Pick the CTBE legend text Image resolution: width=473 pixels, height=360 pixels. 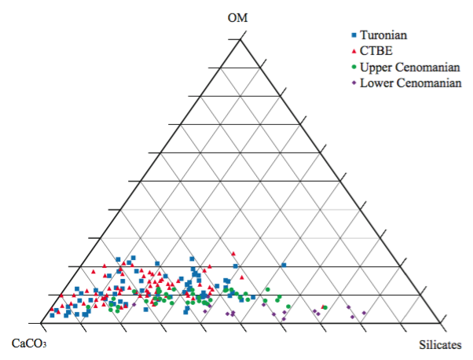click(374, 51)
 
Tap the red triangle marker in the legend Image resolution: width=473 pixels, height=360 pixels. click(354, 51)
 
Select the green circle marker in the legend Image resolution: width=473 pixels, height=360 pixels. click(354, 67)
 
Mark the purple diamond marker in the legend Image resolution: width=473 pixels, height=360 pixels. click(354, 83)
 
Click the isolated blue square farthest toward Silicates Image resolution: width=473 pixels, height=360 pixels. click(284, 264)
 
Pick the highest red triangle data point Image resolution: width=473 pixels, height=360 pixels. click(234, 253)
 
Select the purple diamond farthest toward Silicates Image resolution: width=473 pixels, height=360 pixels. click(364, 313)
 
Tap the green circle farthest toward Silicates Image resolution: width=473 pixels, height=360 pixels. click(323, 307)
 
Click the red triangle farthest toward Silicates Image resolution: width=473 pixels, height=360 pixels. click(325, 307)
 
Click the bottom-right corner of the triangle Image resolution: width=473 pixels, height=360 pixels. click(438, 323)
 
